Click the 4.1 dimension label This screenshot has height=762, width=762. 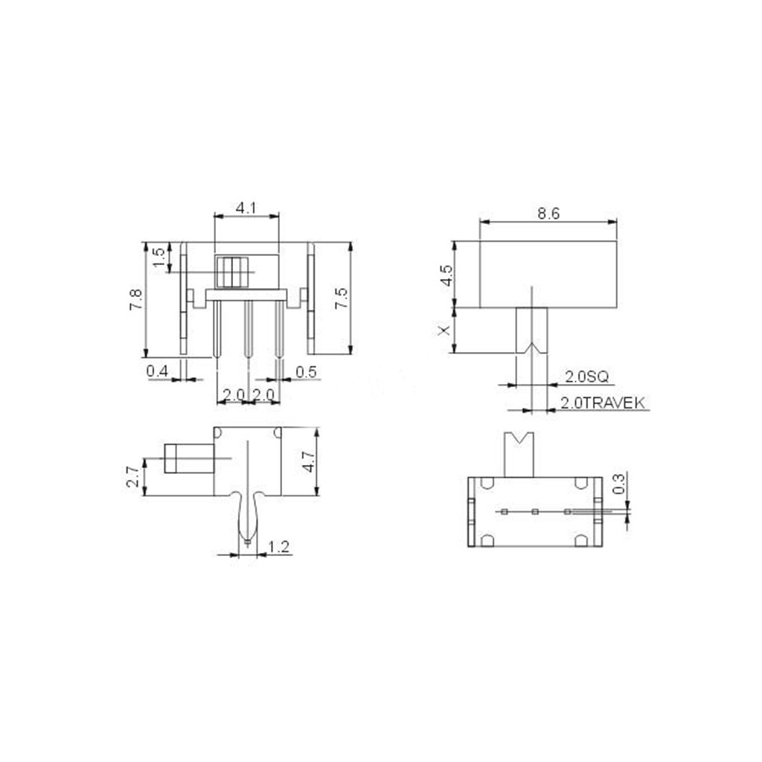point(246,209)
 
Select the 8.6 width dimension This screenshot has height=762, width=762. point(548,214)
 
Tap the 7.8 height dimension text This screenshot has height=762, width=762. point(135,299)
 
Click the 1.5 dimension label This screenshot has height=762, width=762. point(159,257)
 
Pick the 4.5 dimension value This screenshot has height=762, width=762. point(446,275)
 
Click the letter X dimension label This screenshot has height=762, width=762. point(445,330)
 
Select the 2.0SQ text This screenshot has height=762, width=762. point(586,377)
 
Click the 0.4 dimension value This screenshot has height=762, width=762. point(157,371)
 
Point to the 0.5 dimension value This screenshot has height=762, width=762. point(306,371)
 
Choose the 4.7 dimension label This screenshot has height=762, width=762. point(309,461)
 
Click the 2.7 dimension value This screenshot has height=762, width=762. point(132,476)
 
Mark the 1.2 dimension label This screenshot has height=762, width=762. point(278,548)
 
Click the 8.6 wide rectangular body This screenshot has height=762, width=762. point(548,274)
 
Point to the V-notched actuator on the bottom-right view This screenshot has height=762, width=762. point(519,454)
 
